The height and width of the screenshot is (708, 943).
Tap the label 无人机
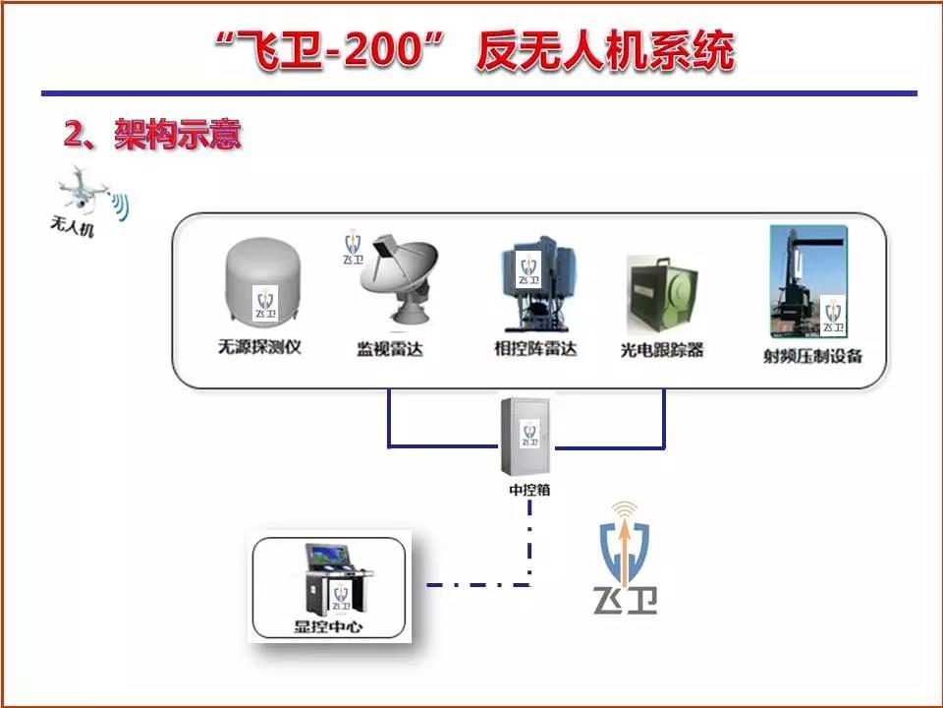72,226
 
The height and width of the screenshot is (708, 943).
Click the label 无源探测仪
259,347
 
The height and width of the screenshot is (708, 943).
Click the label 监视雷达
390,349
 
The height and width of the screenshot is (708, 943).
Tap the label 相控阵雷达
535,348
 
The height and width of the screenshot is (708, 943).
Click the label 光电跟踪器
661,350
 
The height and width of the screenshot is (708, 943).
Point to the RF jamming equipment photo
808,280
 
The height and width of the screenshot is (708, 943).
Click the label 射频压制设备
812,356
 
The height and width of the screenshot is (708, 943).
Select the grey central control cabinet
527,436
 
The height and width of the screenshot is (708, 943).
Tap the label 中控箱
529,490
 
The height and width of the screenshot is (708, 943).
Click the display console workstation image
336,579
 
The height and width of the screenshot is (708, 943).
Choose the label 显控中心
328,626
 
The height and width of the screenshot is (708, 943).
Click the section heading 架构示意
178,134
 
